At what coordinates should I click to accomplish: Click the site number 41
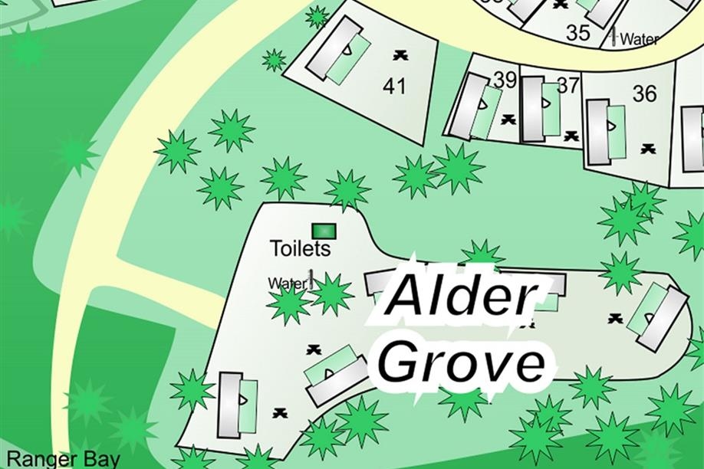coord(393,86)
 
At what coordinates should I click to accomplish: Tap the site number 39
coord(505,80)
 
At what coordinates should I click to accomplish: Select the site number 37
coord(567,85)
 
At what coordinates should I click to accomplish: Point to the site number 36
coord(644,93)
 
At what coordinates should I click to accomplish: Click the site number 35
coord(578,32)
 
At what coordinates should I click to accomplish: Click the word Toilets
coord(300,248)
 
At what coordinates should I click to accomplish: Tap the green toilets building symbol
coord(324,230)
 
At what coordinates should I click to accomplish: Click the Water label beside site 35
coord(639,39)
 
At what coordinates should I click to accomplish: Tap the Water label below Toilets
coord(287,284)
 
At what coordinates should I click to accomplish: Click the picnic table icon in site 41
coord(400,54)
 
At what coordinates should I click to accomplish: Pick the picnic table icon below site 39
coord(508,120)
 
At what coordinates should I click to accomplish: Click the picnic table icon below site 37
coord(571,136)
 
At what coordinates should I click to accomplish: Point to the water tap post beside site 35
coord(612,35)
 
